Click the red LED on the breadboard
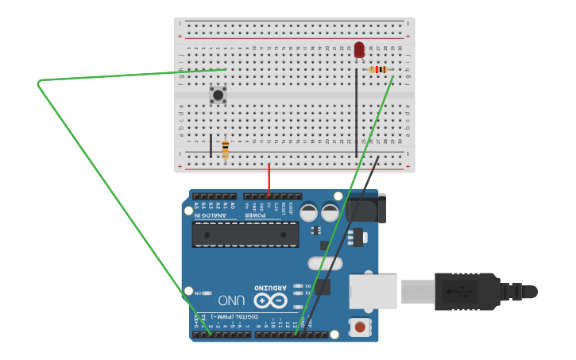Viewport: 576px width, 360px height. click(x=359, y=50)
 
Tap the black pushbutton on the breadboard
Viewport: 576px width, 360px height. click(x=218, y=95)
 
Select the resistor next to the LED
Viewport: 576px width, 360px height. click(x=379, y=70)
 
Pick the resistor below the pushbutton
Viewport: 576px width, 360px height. click(x=226, y=149)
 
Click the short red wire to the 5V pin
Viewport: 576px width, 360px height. click(x=269, y=180)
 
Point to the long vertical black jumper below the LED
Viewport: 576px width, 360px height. click(x=356, y=111)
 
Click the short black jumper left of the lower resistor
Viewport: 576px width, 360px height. click(x=211, y=145)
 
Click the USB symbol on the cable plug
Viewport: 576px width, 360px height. click(x=461, y=291)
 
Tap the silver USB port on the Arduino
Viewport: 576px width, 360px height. click(x=373, y=292)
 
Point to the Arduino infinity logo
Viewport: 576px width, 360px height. click(x=270, y=300)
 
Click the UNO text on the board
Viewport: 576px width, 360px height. click(x=231, y=300)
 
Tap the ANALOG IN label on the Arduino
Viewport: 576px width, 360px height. click(x=211, y=215)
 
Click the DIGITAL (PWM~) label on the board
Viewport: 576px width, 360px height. click(x=238, y=315)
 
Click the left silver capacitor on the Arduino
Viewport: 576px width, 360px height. click(x=309, y=212)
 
